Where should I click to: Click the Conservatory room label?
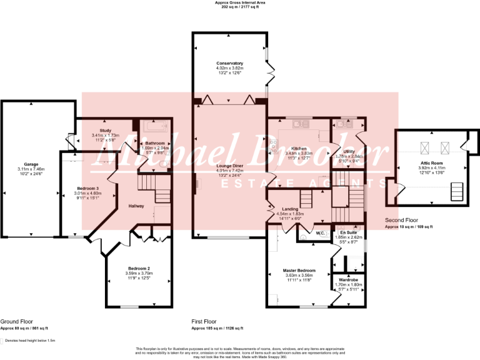point(229,63)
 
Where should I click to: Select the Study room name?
point(105,130)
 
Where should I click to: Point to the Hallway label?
point(137,206)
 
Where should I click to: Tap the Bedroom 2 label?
point(138,268)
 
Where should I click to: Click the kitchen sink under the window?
point(301,124)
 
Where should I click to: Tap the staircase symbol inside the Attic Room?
point(457,191)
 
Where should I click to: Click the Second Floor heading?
point(402,221)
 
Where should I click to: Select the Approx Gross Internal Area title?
point(240,3)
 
